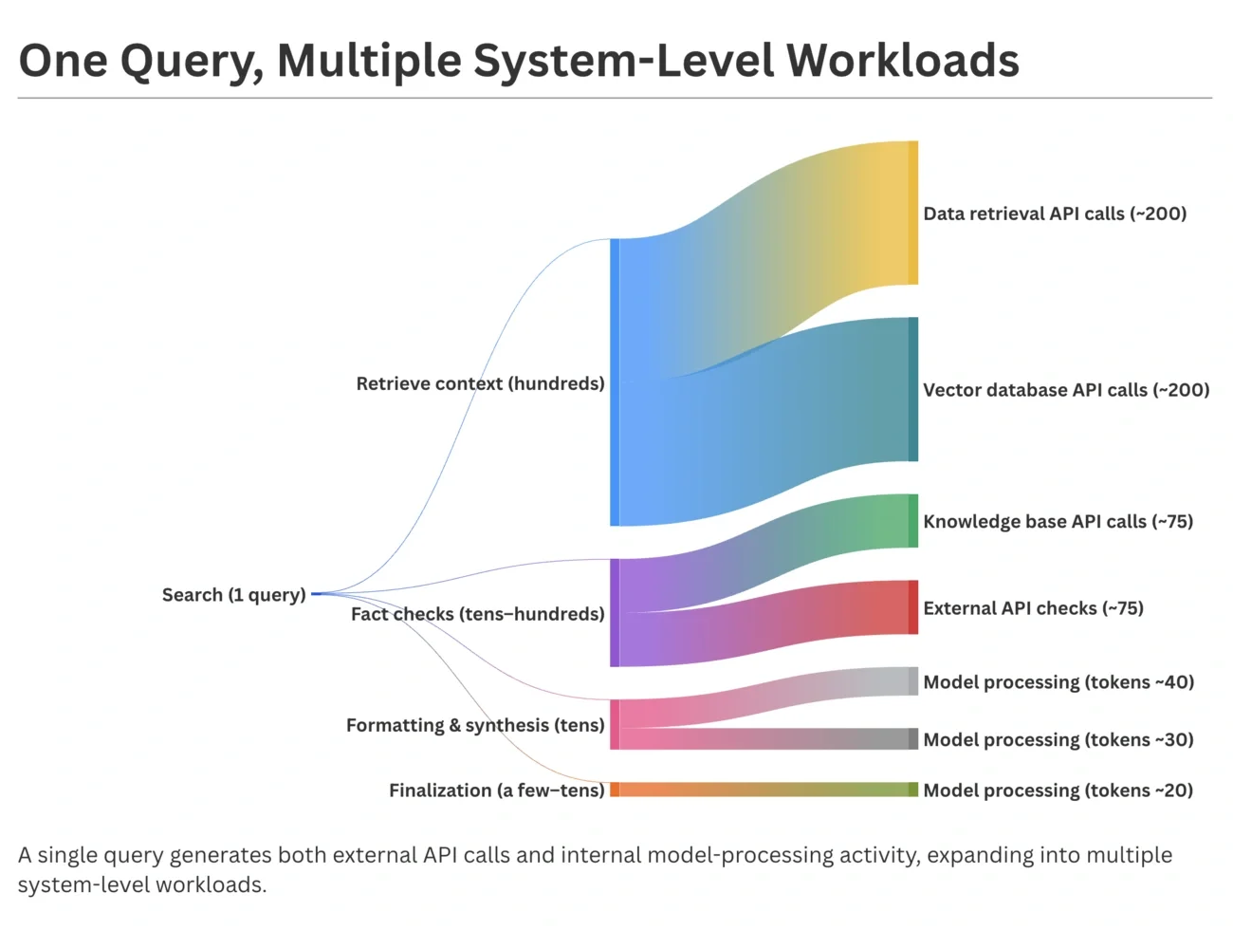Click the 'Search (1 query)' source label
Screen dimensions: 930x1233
tap(233, 595)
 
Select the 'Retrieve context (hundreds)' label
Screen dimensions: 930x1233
tap(480, 383)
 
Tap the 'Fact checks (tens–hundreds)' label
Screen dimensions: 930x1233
tap(477, 614)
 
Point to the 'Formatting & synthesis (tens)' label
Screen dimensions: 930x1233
tap(475, 725)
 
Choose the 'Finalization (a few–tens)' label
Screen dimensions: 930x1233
tap(496, 790)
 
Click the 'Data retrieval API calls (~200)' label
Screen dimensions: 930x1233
tap(1055, 214)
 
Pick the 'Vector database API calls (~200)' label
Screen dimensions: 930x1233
tap(1066, 390)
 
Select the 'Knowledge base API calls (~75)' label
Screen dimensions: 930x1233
tap(1058, 521)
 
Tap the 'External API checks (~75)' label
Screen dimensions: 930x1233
tap(1033, 608)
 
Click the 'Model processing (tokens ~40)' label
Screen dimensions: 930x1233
tap(1058, 682)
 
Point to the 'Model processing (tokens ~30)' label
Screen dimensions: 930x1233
tap(1058, 739)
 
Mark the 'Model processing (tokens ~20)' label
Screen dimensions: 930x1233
tap(1058, 790)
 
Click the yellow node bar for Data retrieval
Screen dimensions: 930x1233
tap(913, 213)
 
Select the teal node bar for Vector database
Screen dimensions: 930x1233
tap(913, 389)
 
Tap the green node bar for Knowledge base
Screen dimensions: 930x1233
tap(913, 521)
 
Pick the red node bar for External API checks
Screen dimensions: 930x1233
tap(913, 607)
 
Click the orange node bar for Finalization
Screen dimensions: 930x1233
tap(615, 790)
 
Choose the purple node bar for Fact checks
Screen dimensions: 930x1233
tap(615, 613)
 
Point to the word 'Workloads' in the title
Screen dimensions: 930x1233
tap(902, 60)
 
